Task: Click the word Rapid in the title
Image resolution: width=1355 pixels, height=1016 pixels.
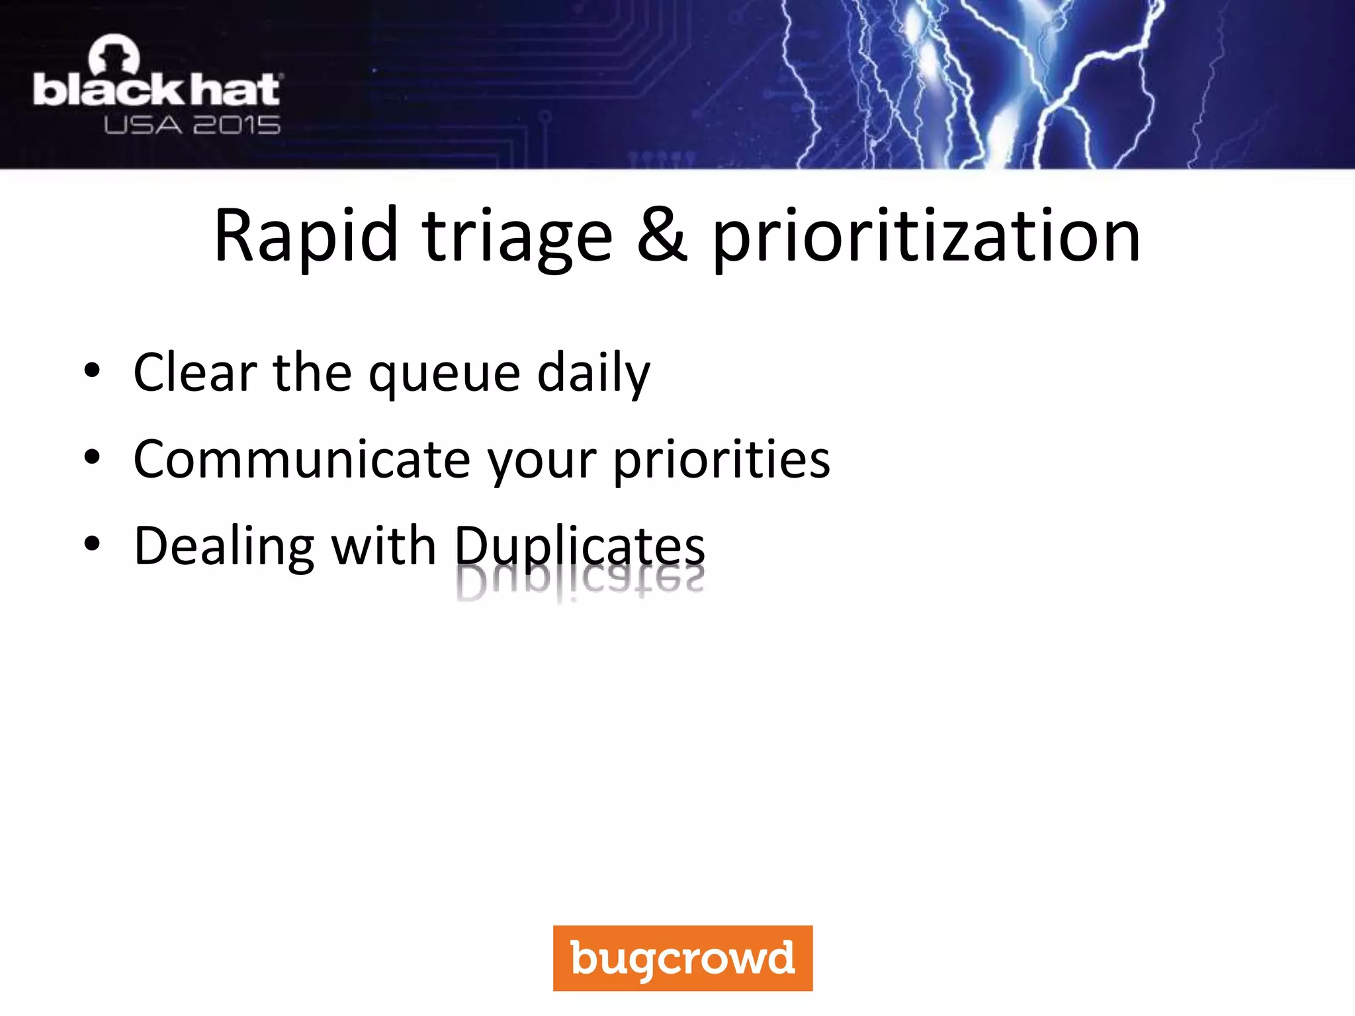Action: [306, 236]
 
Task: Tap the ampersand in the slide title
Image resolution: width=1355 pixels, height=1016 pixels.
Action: [662, 236]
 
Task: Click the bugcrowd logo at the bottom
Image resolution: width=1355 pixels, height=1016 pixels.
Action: [683, 958]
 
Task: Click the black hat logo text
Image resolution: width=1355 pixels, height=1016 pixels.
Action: [157, 91]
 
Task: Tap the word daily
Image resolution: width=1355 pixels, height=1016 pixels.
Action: [593, 374]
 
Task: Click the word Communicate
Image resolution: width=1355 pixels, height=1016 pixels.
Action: [302, 459]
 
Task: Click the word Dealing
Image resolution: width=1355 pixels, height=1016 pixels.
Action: [224, 547]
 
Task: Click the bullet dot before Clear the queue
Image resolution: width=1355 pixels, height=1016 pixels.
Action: [92, 371]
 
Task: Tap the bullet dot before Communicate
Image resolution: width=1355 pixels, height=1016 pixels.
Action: [92, 457]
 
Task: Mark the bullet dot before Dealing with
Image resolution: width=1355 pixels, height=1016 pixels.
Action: [92, 544]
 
